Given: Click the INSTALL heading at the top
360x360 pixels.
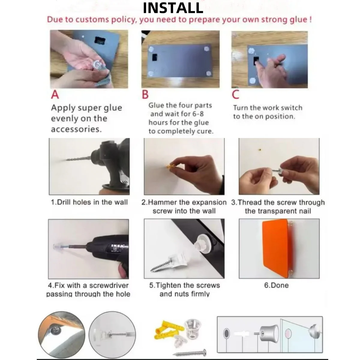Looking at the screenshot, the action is pyautogui.click(x=173, y=8).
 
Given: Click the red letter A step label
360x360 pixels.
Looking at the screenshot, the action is pyautogui.click(x=55, y=94).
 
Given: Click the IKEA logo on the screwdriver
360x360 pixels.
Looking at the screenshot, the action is pyautogui.click(x=117, y=246).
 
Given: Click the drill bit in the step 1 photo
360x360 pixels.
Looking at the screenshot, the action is pyautogui.click(x=79, y=159).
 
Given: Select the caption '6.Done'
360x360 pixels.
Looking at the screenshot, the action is pyautogui.click(x=276, y=285).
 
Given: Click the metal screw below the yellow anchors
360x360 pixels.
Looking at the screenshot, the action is pyautogui.click(x=189, y=352).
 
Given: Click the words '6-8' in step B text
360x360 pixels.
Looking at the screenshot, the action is pyautogui.click(x=198, y=114).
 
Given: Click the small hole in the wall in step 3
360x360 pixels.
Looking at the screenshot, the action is pyautogui.click(x=259, y=150).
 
